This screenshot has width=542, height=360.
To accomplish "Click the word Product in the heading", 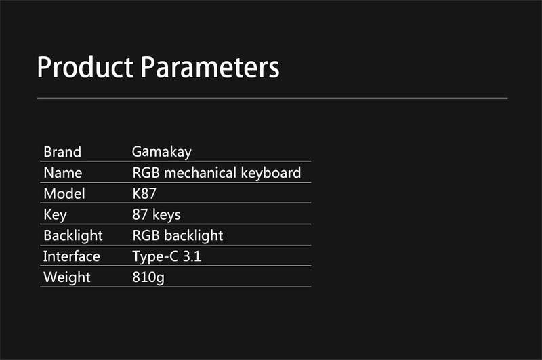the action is (x=85, y=66).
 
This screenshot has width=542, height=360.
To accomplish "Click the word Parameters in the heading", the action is (x=210, y=66).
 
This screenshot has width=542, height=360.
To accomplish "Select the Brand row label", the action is (x=62, y=152).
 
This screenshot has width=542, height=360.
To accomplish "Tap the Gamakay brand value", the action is (x=162, y=152).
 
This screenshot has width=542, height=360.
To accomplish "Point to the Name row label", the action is (x=63, y=173).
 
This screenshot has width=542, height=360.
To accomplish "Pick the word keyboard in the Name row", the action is (x=270, y=173).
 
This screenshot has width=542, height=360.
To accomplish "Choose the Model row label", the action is (x=64, y=194).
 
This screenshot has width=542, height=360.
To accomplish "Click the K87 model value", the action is (x=144, y=194).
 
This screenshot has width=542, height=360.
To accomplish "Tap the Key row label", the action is (x=56, y=215).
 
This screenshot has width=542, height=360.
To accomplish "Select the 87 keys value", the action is (x=157, y=215).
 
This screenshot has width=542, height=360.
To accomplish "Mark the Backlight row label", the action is (x=73, y=236).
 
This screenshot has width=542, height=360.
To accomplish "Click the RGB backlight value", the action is (x=178, y=236).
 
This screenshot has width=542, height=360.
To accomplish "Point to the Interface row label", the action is (x=72, y=256).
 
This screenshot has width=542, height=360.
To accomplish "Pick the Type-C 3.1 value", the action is (x=167, y=257).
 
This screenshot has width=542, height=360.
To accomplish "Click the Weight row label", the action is (x=67, y=278).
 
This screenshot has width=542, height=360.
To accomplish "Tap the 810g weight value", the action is (x=148, y=278).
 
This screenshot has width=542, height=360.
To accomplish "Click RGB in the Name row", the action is (x=146, y=173).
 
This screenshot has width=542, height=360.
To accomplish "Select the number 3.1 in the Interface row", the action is (x=192, y=256).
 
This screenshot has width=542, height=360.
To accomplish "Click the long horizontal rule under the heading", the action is (x=272, y=98).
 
